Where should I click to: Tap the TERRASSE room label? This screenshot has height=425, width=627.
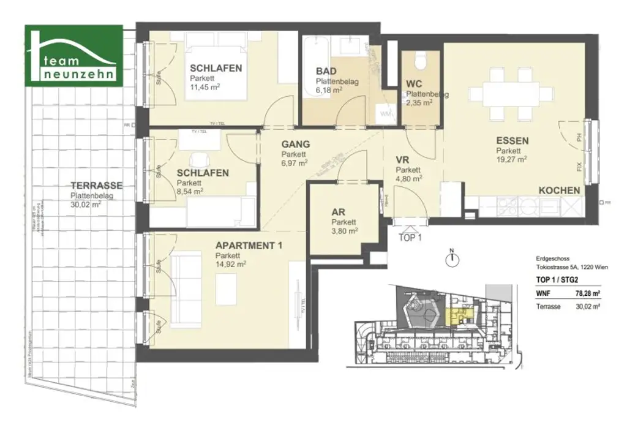point(96,186)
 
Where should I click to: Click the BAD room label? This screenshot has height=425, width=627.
point(326,70)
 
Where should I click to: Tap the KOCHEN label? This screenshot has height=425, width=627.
point(558,190)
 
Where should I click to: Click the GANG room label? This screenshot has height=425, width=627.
point(295,145)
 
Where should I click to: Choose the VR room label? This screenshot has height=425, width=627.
point(403,159)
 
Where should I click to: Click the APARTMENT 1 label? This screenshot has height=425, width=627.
point(249,246)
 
